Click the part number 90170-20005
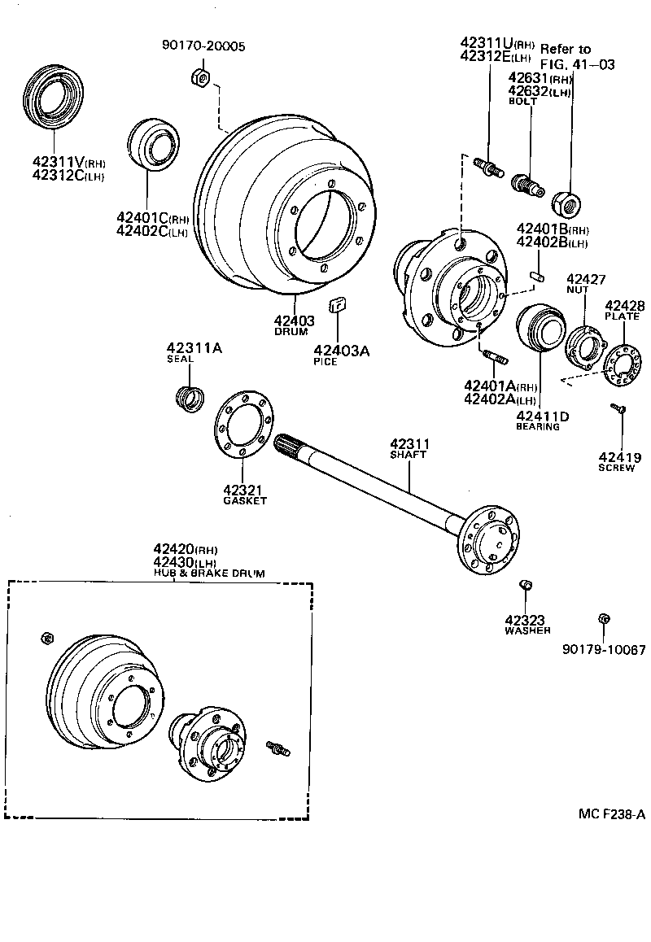point(203,46)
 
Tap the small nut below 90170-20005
point(201,77)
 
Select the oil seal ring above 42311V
point(53,98)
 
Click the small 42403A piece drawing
point(337,307)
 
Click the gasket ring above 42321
point(245,429)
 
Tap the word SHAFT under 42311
point(409,455)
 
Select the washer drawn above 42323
point(526,586)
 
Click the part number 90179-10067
point(603,650)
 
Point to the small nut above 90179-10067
point(603,619)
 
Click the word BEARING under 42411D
point(537,427)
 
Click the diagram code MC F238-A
point(612,814)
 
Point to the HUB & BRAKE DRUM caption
point(209,573)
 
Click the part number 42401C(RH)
point(153,217)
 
